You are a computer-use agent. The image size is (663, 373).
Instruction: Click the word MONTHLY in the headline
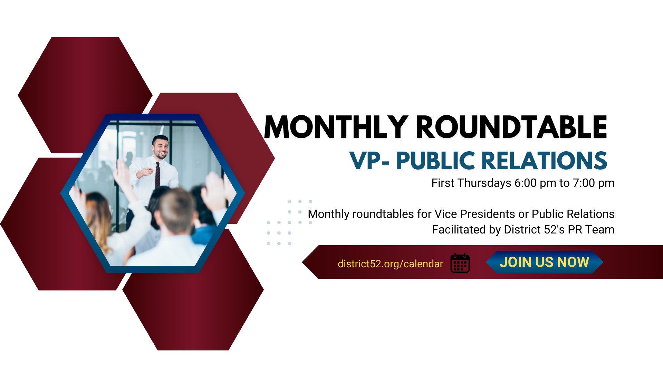point(336,127)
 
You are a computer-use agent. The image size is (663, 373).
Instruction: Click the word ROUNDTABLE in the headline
point(511,127)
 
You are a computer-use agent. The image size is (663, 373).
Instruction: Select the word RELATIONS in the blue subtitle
point(544,161)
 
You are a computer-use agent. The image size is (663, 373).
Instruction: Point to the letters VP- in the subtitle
point(369,161)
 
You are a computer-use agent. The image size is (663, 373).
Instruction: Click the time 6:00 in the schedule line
point(526,183)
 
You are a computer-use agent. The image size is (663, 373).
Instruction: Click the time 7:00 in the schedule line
point(584,183)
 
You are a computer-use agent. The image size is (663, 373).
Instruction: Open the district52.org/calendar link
point(390,264)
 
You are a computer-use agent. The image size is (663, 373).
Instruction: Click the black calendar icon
point(460,263)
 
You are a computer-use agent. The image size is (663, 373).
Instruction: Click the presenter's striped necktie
point(157,175)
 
